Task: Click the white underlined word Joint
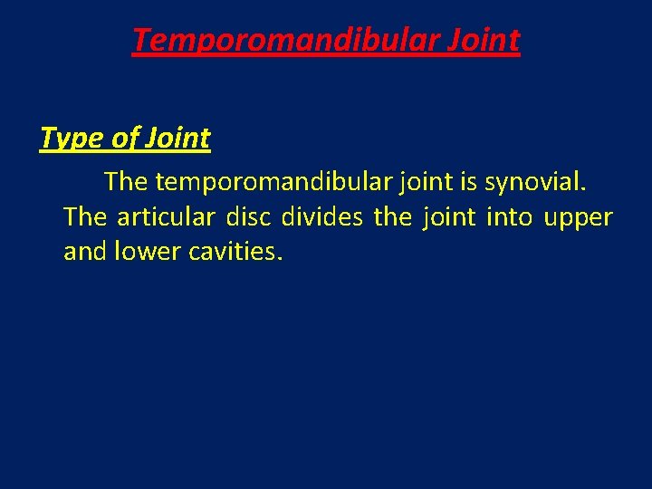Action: coord(178,139)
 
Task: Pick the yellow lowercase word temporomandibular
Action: coord(273,182)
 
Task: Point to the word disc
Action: coord(249,217)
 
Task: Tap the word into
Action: coord(509,217)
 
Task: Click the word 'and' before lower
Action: coord(84,252)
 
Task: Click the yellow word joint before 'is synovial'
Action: coord(424,182)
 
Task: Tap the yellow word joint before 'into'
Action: coord(447,217)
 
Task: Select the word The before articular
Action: coord(85,217)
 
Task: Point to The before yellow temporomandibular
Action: coord(126,182)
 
